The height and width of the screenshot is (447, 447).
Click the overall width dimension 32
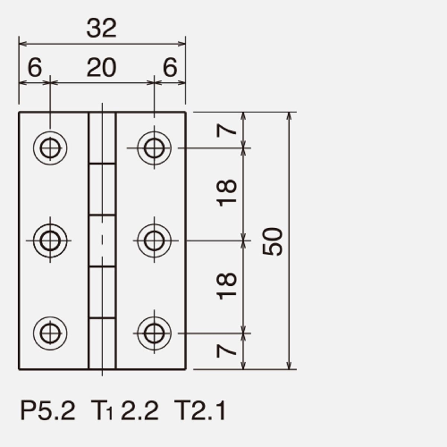coord(101,28)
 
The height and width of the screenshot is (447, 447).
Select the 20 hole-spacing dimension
coord(101,68)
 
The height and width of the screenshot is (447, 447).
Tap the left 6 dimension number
coord(35,68)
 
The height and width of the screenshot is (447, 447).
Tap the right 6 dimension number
coord(170,68)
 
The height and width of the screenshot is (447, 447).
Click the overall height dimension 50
coord(273,241)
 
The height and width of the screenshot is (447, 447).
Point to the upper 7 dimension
coord(226,131)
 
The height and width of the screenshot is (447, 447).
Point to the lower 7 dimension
coord(226,351)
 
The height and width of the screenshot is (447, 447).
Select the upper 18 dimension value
coord(226,193)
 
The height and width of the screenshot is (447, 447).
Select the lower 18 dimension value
coord(226,286)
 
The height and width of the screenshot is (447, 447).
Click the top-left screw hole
coord(50,148)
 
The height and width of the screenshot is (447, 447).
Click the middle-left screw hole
coord(50,241)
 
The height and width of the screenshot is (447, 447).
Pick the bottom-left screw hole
coord(50,333)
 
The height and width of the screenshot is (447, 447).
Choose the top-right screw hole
coord(154,148)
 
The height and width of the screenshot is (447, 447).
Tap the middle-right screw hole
coord(154,241)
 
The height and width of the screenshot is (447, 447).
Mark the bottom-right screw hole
coord(154,333)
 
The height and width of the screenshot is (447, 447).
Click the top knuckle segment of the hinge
coord(102,138)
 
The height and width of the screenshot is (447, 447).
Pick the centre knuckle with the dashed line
coord(102,241)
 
